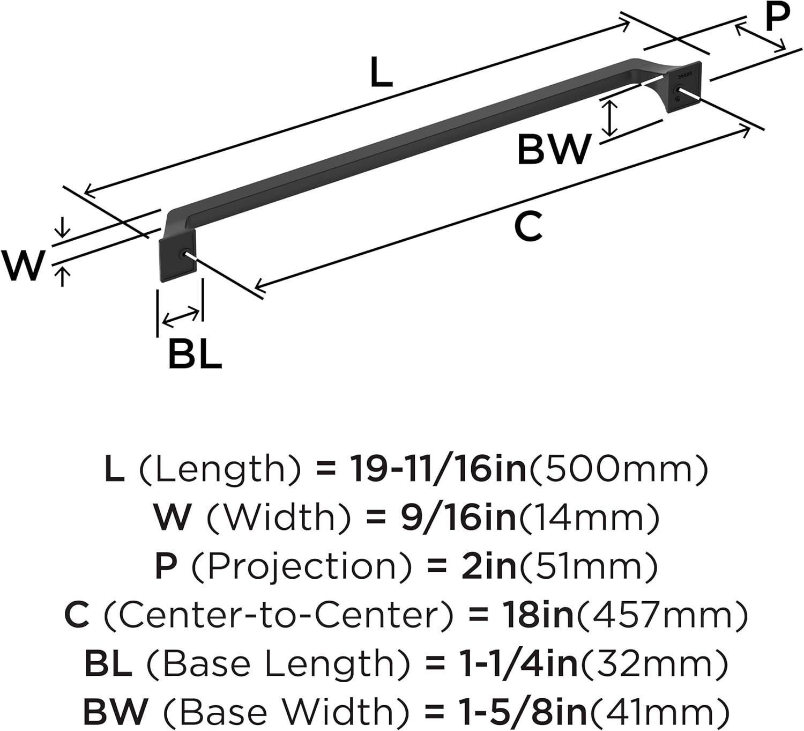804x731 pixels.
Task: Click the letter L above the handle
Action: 381,73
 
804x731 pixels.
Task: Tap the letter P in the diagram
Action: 777,17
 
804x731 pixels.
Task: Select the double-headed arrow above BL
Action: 182,317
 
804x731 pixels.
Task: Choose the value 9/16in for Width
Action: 458,517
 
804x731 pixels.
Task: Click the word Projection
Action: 303,566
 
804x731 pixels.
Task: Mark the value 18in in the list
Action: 538,615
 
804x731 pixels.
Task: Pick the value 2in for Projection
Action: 488,566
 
